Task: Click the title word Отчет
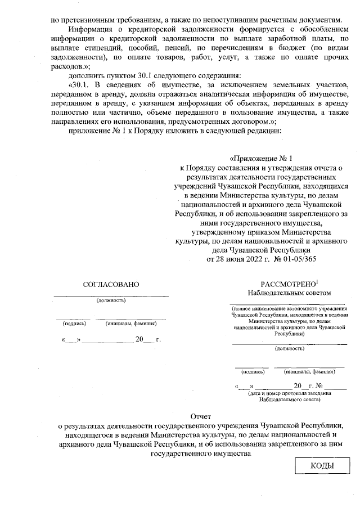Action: point(200,417)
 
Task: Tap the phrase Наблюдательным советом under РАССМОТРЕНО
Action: point(289,293)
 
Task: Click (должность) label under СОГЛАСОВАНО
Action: point(111,300)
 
